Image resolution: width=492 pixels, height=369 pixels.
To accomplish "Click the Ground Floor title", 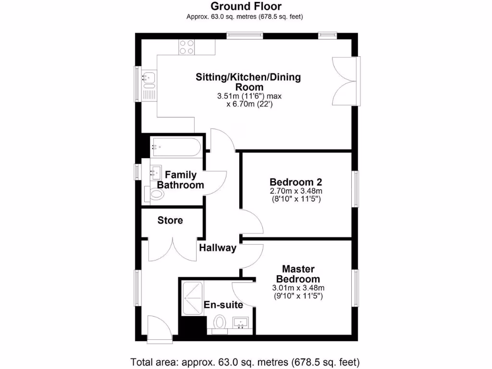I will pyautogui.click(x=246, y=6).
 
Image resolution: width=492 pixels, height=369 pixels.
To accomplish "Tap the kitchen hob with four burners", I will pyautogui.click(x=187, y=47).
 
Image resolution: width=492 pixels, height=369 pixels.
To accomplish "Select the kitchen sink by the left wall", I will pyautogui.click(x=149, y=76).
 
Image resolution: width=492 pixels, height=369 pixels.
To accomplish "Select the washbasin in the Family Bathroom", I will pyautogui.click(x=155, y=171).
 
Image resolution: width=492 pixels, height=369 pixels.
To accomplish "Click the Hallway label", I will pyautogui.click(x=218, y=248).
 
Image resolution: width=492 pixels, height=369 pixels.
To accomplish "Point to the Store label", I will pyautogui.click(x=170, y=221).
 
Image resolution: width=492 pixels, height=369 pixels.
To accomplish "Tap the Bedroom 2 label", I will pyautogui.click(x=295, y=183).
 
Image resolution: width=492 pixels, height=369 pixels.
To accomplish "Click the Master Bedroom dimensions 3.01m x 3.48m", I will pyautogui.click(x=298, y=288).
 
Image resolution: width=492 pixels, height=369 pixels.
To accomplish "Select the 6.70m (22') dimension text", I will pyautogui.click(x=249, y=104).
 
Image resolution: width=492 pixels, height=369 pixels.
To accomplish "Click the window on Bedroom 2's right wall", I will pyautogui.click(x=356, y=189).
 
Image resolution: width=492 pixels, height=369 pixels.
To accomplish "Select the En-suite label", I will pyautogui.click(x=223, y=305).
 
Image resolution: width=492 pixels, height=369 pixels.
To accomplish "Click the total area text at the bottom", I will pyautogui.click(x=245, y=361).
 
